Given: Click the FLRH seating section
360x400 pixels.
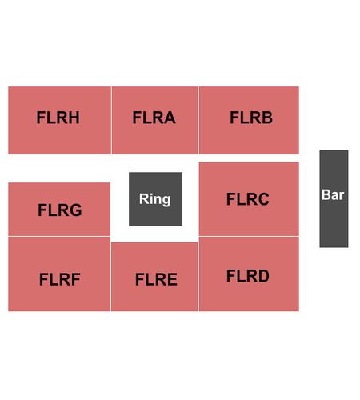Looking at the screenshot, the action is [x=59, y=120].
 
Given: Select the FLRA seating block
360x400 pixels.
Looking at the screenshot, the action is [x=154, y=120].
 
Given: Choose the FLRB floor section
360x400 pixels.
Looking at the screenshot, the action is [x=249, y=120].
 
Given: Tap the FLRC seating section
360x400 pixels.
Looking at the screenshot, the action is [x=249, y=199].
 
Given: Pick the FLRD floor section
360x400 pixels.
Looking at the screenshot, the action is [x=249, y=274].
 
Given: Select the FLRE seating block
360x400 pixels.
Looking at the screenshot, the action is [x=154, y=277].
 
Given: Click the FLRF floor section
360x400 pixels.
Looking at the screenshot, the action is [x=59, y=274].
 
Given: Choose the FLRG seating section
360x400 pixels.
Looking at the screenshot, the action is [x=59, y=210].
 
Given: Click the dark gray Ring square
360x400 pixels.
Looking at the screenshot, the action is [x=156, y=199].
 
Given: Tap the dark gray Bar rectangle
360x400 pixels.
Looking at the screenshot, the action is [x=334, y=199].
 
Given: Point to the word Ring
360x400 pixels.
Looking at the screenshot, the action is [x=155, y=199].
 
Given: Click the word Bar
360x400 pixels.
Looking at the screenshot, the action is [x=333, y=195].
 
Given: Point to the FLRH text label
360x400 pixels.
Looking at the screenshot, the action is [x=58, y=118].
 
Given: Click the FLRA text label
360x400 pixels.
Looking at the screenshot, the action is [x=154, y=118].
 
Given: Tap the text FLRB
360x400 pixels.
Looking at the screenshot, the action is [x=251, y=118].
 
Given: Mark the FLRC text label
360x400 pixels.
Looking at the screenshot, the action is [x=248, y=199].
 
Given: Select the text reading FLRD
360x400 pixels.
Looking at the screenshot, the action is [x=248, y=276].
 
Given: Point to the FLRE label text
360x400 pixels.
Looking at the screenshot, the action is [x=156, y=279].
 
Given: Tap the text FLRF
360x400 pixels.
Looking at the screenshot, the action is [x=60, y=279].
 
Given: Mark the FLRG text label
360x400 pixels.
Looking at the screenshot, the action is [x=60, y=210].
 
